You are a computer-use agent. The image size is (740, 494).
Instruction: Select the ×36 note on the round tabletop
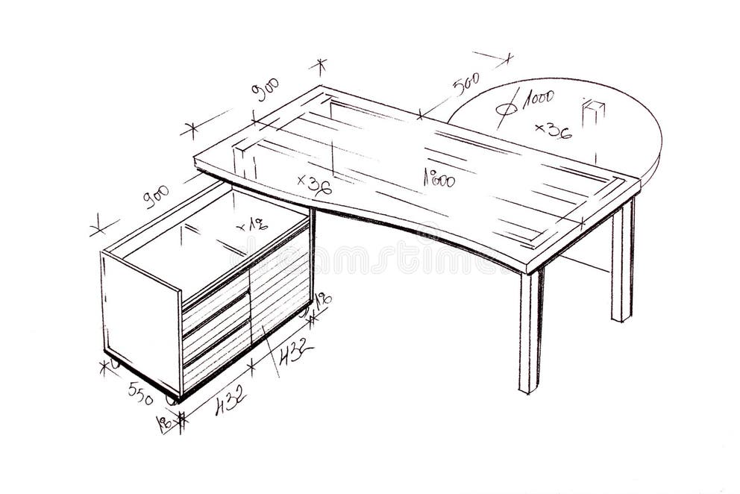[554, 131]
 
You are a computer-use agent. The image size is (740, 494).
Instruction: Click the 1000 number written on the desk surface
[439, 178]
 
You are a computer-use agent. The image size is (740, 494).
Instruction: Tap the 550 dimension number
[140, 391]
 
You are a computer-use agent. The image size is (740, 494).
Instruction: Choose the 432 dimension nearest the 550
[231, 404]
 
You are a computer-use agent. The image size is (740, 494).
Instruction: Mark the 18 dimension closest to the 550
[164, 423]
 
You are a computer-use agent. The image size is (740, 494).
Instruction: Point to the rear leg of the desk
[622, 261]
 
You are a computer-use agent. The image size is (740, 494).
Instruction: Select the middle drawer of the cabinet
[216, 317]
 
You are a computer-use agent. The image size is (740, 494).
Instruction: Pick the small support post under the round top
[593, 119]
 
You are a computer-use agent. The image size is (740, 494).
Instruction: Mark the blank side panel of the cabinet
[141, 313]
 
